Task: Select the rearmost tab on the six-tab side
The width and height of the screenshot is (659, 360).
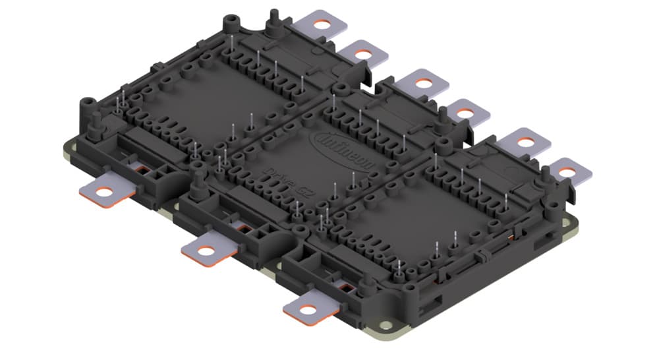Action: [x=322, y=25]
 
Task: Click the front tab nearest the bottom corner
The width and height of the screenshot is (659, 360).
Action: [x=311, y=307]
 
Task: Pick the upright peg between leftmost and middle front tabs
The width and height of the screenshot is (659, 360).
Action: [x=196, y=177]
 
